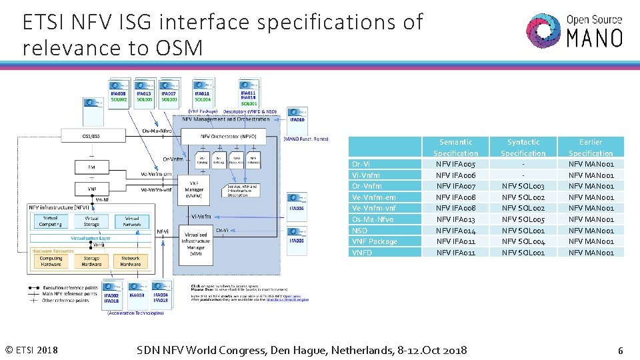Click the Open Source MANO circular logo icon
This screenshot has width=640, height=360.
click(543, 30)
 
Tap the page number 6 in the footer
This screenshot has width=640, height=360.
click(620, 351)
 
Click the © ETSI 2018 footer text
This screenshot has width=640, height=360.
click(31, 351)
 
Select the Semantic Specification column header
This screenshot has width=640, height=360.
click(456, 147)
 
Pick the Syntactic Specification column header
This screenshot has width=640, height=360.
click(523, 147)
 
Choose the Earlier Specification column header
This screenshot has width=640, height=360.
click(591, 147)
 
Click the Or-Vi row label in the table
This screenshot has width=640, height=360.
click(362, 164)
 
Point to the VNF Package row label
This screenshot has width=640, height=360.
click(374, 241)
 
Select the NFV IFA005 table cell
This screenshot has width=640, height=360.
click(456, 164)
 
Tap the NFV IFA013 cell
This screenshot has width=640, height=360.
click(456, 219)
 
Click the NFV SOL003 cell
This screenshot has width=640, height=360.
click(523, 186)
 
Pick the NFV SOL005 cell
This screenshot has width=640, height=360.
click(523, 219)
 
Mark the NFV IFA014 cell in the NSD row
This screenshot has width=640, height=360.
click(456, 231)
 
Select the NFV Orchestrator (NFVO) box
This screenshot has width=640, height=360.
click(228, 137)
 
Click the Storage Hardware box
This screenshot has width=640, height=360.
click(91, 261)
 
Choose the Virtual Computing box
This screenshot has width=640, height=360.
click(50, 221)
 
